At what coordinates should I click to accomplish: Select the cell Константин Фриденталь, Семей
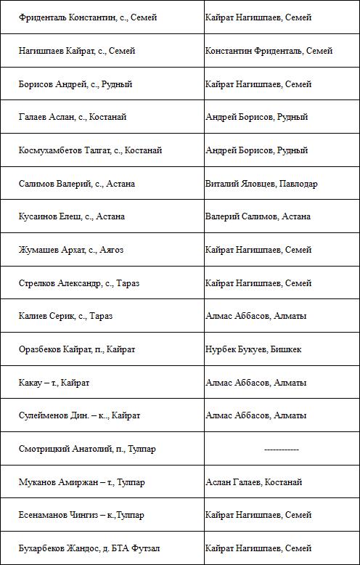click(x=269, y=51)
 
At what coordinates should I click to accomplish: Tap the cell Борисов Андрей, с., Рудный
click(x=75, y=84)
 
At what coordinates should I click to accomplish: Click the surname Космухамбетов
click(x=50, y=150)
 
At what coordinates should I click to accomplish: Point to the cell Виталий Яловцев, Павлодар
click(x=261, y=184)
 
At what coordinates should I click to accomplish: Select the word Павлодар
click(x=298, y=184)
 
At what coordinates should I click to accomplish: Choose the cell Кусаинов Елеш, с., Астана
click(x=72, y=216)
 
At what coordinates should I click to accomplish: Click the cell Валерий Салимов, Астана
click(x=258, y=216)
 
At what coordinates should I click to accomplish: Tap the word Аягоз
click(x=111, y=250)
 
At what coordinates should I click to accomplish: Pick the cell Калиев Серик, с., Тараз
click(x=66, y=316)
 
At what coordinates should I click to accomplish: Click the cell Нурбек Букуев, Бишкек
click(x=253, y=349)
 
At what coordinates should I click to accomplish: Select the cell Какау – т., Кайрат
click(x=54, y=382)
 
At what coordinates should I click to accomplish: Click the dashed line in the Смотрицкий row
click(x=282, y=450)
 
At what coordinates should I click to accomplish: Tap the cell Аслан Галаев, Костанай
click(x=253, y=482)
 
